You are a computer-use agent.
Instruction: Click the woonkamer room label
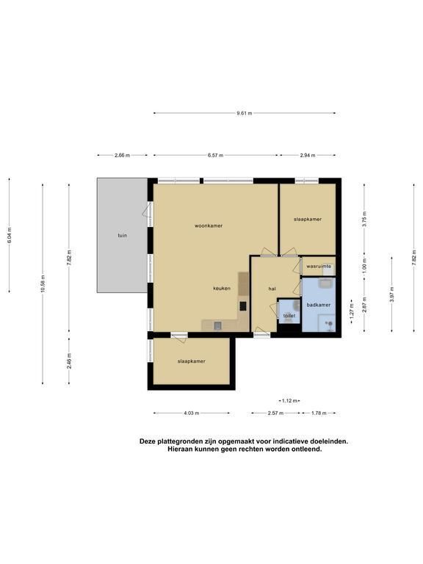click(x=209, y=226)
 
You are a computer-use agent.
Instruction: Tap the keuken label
click(x=222, y=289)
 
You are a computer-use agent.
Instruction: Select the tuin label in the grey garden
click(x=123, y=236)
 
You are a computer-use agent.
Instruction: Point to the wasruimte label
click(x=318, y=267)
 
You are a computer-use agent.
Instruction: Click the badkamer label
click(x=318, y=305)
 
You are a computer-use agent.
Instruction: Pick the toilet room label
click(x=289, y=316)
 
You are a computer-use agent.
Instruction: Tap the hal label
click(x=272, y=289)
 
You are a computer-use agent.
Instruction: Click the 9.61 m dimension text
click(x=245, y=113)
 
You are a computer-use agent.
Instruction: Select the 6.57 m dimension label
click(x=215, y=156)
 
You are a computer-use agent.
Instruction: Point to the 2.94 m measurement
click(x=308, y=156)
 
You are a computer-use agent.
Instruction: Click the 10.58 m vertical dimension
click(x=43, y=283)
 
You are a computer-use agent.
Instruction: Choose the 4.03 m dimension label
click(x=192, y=413)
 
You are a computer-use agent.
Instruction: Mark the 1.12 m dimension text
click(x=289, y=401)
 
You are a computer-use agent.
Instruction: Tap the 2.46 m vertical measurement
click(x=69, y=361)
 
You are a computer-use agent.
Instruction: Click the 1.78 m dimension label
click(x=319, y=413)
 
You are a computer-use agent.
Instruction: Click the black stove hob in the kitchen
click(x=243, y=305)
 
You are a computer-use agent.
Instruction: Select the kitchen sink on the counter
click(x=217, y=326)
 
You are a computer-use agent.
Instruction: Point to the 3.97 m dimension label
click(x=391, y=294)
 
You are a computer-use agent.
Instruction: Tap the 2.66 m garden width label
click(x=123, y=156)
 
